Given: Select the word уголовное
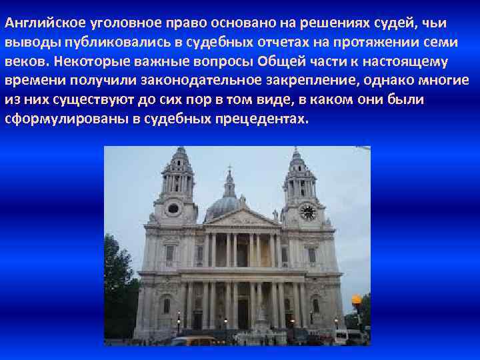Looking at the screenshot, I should click(106, 23).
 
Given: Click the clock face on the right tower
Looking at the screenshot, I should click(307, 212).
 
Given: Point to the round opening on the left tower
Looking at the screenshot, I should click(173, 209).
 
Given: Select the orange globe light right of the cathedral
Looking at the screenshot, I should click(356, 300).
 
